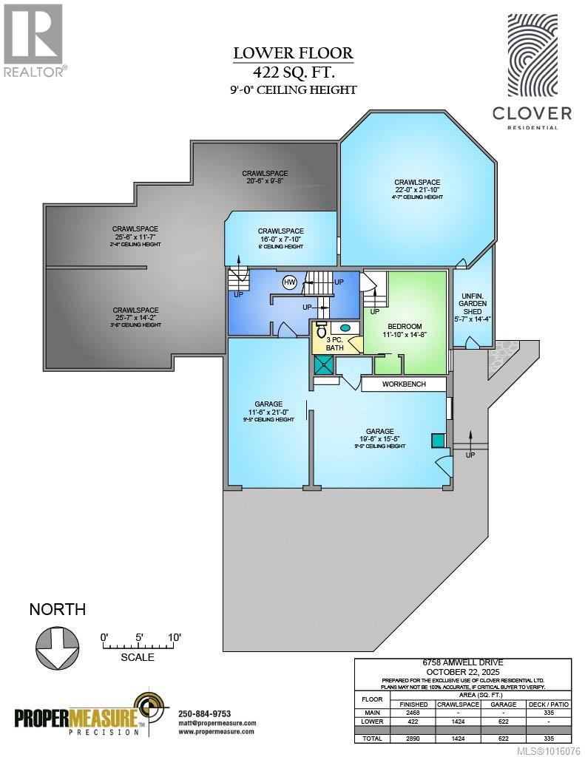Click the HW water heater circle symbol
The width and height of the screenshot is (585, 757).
pyautogui.click(x=288, y=282)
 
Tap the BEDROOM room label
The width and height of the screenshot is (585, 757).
pyautogui.click(x=405, y=327)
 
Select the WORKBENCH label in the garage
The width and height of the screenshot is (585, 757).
pyautogui.click(x=404, y=385)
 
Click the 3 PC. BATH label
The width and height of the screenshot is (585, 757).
pyautogui.click(x=325, y=344)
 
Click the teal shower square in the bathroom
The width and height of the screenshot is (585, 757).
pyautogui.click(x=323, y=364)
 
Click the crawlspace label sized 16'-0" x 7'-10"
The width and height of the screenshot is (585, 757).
pyautogui.click(x=280, y=231)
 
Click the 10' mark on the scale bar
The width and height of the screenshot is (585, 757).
pyautogui.click(x=175, y=637)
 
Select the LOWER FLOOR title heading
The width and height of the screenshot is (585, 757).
pyautogui.click(x=293, y=53)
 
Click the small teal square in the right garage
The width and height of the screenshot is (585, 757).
pyautogui.click(x=438, y=440)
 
